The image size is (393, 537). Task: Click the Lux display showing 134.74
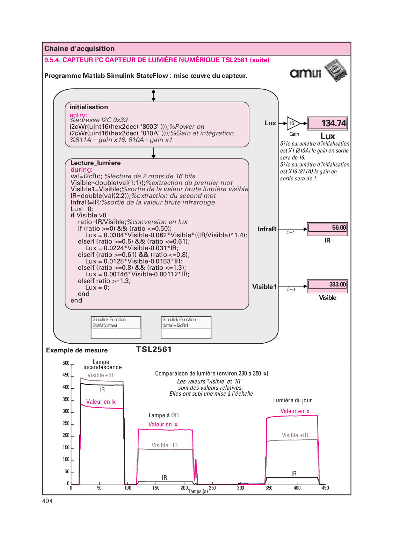coord(327,124)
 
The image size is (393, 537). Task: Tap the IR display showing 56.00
coord(327,228)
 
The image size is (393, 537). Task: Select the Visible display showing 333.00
coord(327,285)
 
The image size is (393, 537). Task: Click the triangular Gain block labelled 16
coord(293,124)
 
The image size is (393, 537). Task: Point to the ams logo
coord(305,73)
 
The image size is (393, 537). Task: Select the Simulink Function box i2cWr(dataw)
coord(116,327)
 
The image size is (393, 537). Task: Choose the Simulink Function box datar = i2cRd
coord(186,327)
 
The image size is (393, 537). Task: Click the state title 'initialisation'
coord(89,107)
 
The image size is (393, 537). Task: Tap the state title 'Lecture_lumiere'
coord(95,163)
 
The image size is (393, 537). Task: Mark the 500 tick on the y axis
coord(66,363)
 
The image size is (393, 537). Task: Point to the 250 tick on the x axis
coord(212,488)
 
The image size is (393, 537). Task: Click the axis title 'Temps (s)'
coord(198,491)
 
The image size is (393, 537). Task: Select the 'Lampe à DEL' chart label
coord(165,415)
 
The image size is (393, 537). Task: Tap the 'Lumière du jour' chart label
coord(292,401)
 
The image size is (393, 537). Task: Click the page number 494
coord(48,501)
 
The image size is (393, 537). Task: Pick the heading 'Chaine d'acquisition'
coord(80,49)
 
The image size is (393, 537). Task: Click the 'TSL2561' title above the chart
coord(154,350)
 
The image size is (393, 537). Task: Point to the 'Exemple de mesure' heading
coord(77,350)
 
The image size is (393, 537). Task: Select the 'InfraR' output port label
coord(267,229)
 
